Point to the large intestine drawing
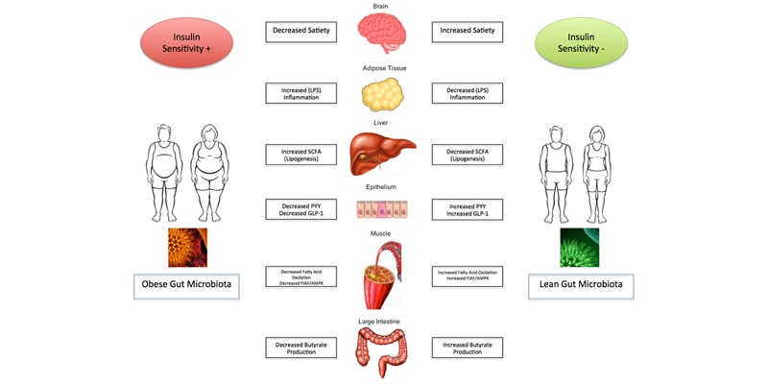click(x=383, y=350)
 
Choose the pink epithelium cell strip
click(x=383, y=210)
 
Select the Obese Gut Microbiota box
click(x=186, y=285)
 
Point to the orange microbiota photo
click(x=187, y=247)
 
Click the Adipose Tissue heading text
click(x=383, y=69)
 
